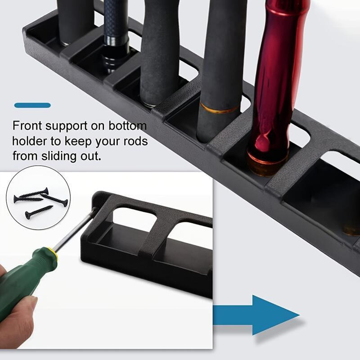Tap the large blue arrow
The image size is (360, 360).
(256, 315)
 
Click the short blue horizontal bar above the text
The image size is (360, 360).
(32, 105)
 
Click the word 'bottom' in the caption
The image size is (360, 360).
(127, 126)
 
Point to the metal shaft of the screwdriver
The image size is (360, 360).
(74, 229)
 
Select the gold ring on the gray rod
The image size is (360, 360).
(219, 108)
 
